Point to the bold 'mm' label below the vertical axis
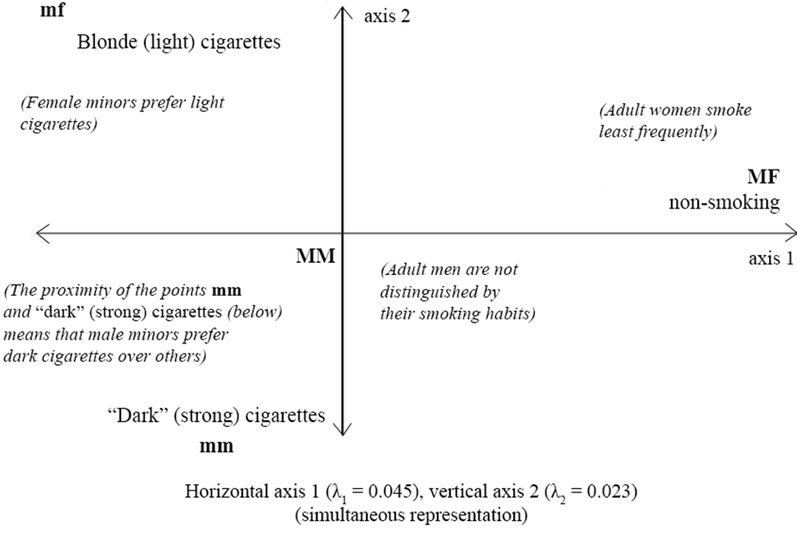click(217, 445)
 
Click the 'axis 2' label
click(387, 16)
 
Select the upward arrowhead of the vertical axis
click(342, 10)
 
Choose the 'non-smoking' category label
click(723, 202)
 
